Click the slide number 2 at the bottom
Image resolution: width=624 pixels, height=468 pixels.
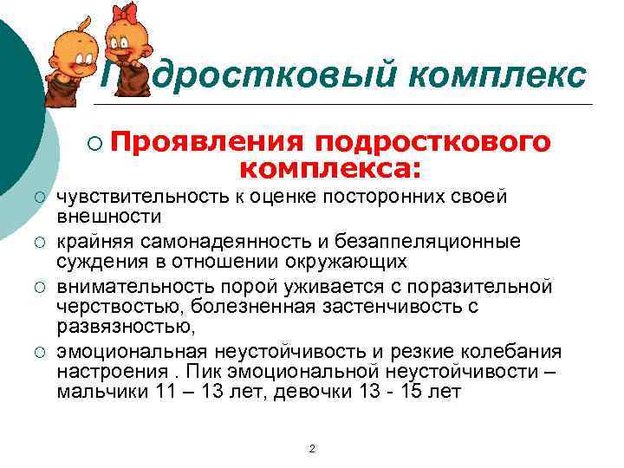pos(312,447)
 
